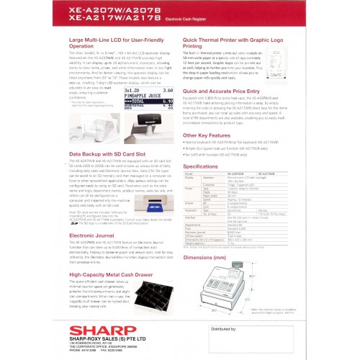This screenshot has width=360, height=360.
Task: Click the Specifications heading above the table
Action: click(x=207, y=165)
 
